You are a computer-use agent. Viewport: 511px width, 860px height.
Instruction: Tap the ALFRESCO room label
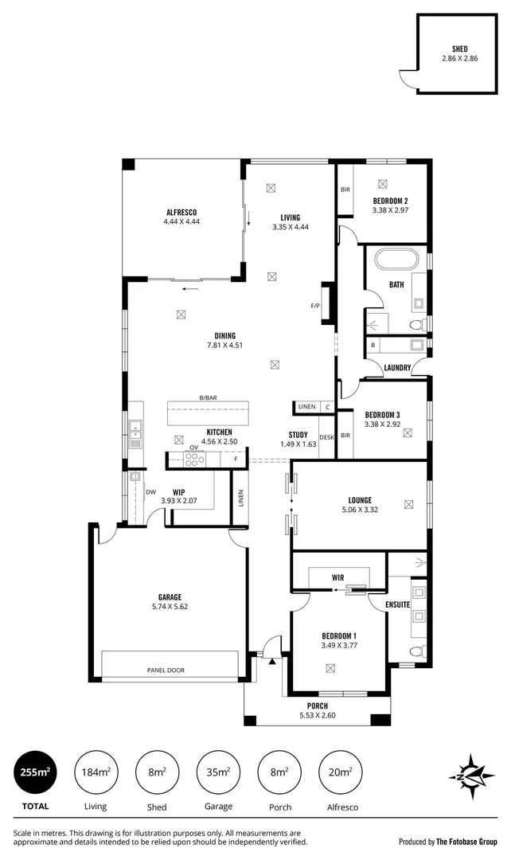pos(181,212)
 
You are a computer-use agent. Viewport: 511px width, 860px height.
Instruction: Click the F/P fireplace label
pos(315,306)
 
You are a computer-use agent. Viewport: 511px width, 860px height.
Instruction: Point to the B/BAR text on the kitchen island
pos(209,398)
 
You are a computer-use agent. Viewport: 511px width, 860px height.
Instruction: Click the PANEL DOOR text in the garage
pos(166,670)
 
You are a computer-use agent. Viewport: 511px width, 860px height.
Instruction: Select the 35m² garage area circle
pos(218,772)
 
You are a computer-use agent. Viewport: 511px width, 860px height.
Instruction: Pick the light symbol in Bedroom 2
pos(383,182)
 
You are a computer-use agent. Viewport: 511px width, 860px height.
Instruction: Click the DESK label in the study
pos(326,437)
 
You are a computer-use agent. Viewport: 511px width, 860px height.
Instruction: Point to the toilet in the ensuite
pos(412,652)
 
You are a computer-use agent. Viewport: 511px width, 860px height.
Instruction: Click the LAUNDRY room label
pos(396,368)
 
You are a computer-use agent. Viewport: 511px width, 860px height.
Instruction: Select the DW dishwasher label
pos(150,492)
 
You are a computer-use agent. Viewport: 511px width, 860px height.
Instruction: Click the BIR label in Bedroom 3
pos(345,436)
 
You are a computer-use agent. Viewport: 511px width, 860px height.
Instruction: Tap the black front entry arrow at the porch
pos(272,660)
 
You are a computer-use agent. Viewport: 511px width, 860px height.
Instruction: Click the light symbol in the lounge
pos(408,503)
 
